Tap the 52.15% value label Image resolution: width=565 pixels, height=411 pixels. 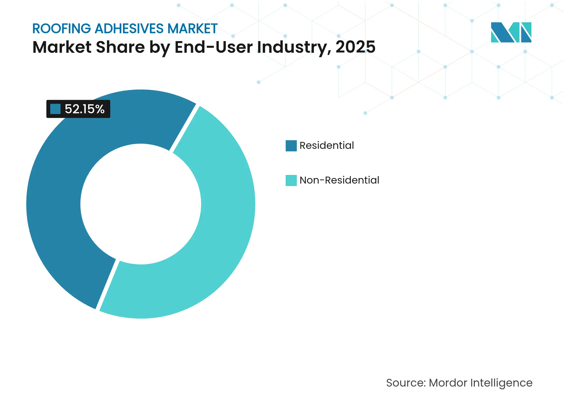point(84,109)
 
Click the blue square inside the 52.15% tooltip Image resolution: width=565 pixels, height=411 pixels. point(55,109)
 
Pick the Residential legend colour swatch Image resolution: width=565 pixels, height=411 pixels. point(291,146)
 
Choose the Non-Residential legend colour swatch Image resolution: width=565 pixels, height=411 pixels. point(291,181)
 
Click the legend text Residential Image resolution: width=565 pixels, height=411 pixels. point(327,146)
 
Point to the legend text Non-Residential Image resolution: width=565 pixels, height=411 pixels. point(339,180)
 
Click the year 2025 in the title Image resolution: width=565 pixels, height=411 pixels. point(355,47)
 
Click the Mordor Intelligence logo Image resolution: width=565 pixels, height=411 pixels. point(511,32)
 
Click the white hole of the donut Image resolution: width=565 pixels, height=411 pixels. point(141,204)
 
